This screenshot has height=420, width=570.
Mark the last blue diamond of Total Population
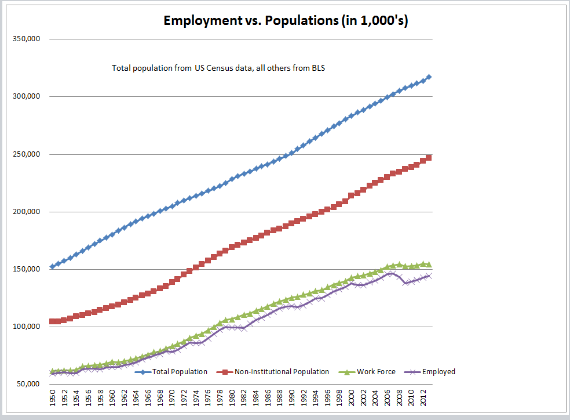pyautogui.click(x=429, y=77)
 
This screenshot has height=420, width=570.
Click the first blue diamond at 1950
pyautogui.click(x=53, y=267)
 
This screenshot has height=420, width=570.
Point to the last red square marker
pyautogui.click(x=429, y=158)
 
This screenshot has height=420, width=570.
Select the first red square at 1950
pyautogui.click(x=53, y=321)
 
